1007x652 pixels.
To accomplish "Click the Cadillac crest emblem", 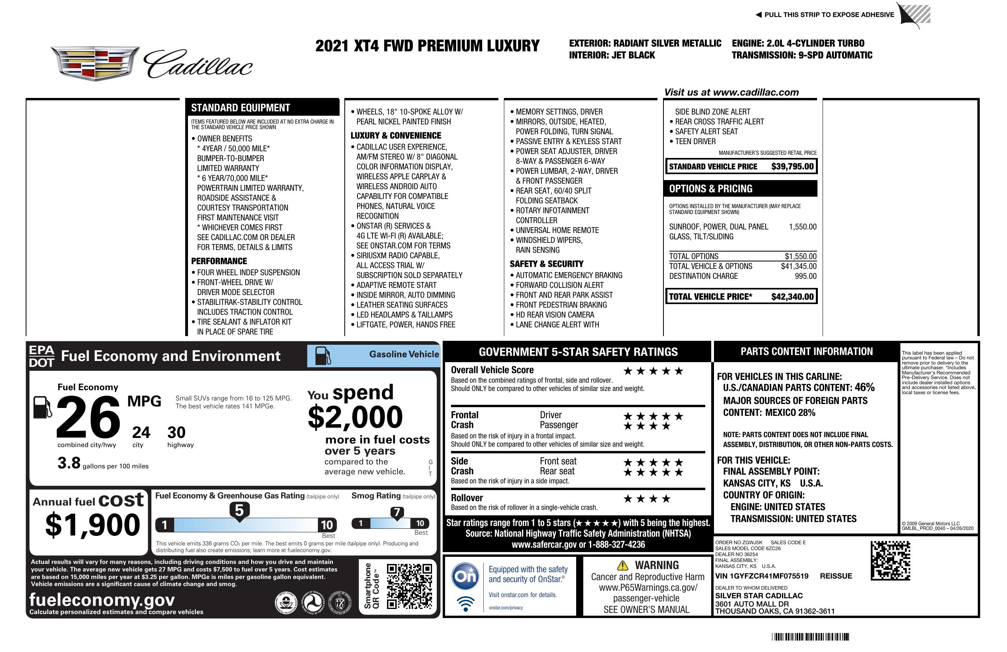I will coord(95,63).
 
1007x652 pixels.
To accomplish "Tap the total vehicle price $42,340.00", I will coord(792,297).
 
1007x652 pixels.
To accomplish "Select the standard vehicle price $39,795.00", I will coord(792,166).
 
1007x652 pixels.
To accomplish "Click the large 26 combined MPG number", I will coord(88,417).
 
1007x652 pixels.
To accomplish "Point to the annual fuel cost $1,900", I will coord(92,525).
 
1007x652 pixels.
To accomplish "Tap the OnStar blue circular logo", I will coord(465,576).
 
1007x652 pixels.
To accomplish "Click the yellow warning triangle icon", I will coord(622,565).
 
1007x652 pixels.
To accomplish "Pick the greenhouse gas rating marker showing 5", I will coord(239,511).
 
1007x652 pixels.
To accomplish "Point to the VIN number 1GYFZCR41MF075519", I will coord(762,576).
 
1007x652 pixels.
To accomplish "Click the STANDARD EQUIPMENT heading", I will coord(240,108).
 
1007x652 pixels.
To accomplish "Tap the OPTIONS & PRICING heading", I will coord(710,189).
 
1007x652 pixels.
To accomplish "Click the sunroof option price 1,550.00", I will coord(802,227).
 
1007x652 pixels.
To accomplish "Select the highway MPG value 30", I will coord(177,432).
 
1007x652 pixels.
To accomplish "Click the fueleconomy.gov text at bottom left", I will coord(102,600).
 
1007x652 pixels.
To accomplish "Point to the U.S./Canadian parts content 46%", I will coord(864,387).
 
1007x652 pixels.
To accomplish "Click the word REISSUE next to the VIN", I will coord(836,576).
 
